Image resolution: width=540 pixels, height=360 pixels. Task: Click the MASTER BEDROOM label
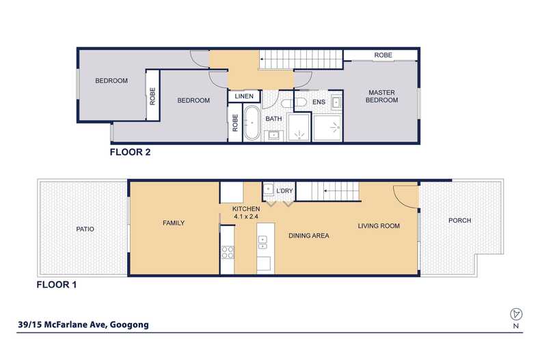[381, 96]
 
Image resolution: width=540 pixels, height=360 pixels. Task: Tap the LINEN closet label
[244, 96]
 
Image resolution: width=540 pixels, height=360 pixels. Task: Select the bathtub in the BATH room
[252, 123]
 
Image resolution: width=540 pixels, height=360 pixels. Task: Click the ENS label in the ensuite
[319, 102]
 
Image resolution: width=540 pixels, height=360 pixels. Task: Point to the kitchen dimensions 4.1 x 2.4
[246, 217]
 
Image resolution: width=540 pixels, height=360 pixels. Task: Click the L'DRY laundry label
[284, 191]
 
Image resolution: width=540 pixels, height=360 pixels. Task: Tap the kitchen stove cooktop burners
[228, 252]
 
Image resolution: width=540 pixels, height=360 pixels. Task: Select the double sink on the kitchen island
[262, 242]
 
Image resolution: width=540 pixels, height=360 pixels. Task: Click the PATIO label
[85, 229]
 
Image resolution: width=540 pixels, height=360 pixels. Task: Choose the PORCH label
[460, 220]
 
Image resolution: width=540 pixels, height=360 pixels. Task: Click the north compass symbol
[516, 314]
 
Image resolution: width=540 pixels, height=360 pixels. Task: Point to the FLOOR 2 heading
[130, 152]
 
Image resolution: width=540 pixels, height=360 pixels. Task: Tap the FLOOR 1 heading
[57, 285]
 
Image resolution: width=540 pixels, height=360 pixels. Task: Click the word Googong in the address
[129, 324]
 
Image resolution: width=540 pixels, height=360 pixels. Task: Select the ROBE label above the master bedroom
[383, 55]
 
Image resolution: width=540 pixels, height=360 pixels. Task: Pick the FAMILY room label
[174, 223]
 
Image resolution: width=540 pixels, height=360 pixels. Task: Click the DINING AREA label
[308, 236]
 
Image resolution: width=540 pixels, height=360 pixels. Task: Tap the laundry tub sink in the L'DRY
[269, 189]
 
